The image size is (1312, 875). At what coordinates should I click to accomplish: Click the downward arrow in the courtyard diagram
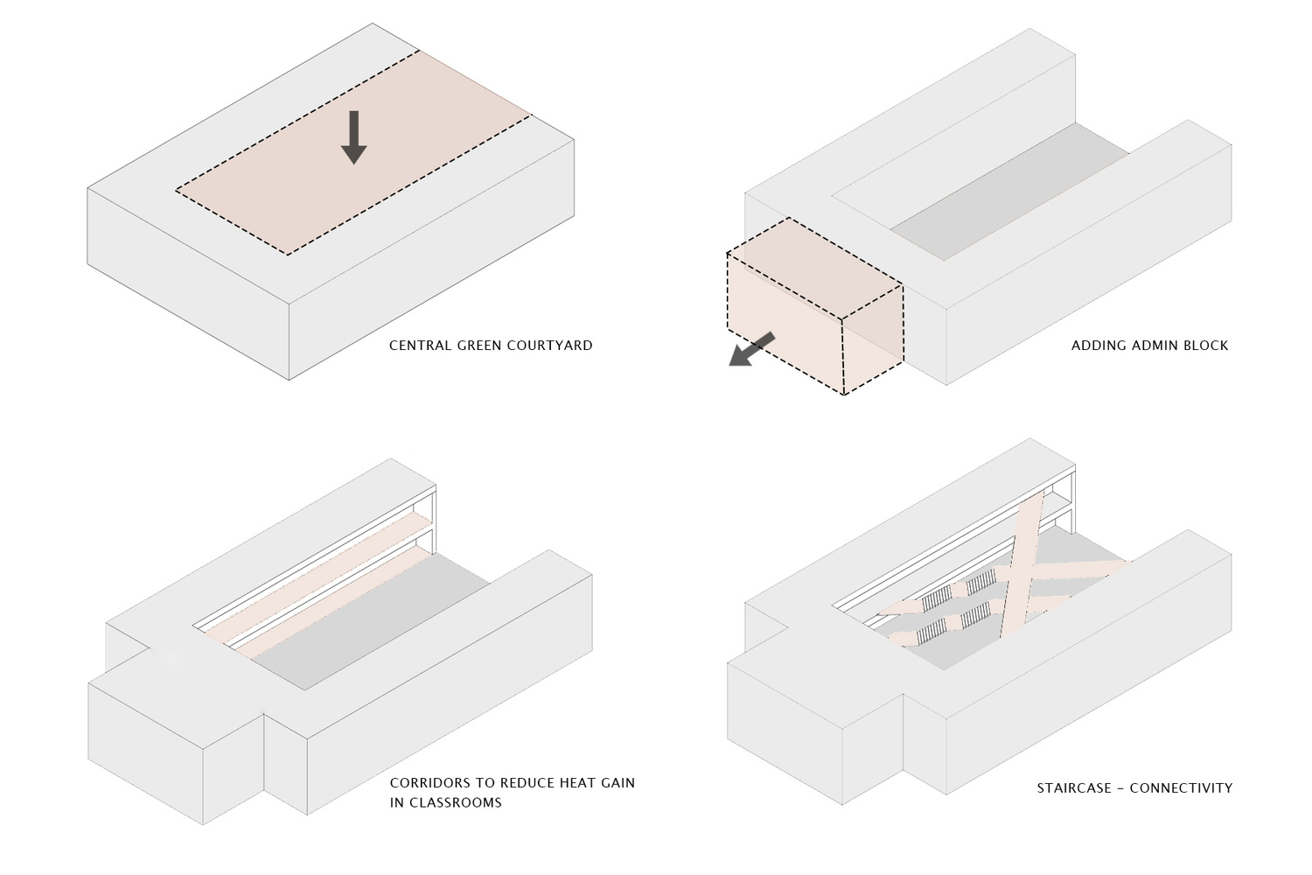click(x=353, y=137)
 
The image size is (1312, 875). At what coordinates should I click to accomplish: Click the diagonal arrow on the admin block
click(x=751, y=350)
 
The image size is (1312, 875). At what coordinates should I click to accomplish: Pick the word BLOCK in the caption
click(x=1207, y=346)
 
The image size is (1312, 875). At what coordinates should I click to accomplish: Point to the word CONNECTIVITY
click(x=1182, y=788)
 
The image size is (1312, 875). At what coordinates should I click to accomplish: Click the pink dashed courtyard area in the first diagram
click(x=353, y=152)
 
